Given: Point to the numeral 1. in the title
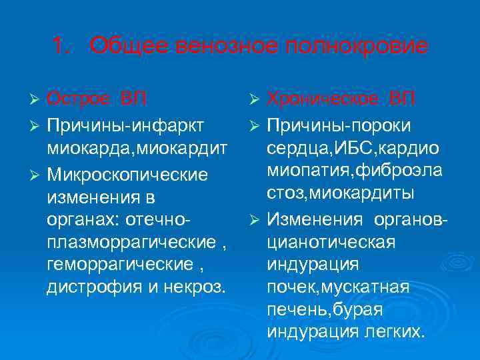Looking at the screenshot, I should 61,47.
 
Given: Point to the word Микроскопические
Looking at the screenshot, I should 127,175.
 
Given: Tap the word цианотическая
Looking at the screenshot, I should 331,241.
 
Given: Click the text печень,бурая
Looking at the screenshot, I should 325,309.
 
